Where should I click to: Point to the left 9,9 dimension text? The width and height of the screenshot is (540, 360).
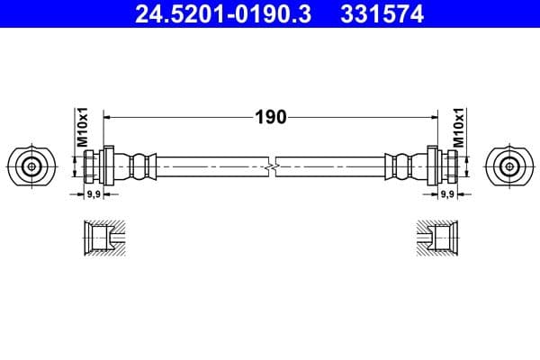(92, 194)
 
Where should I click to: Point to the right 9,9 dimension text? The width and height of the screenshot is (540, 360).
(446, 194)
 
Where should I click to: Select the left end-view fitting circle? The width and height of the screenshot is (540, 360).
(31, 166)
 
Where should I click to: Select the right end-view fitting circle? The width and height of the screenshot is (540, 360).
(508, 166)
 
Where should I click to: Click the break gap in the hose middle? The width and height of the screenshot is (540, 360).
(271, 166)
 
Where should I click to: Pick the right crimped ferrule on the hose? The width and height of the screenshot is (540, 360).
(400, 166)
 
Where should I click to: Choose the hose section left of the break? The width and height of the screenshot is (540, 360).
(207, 166)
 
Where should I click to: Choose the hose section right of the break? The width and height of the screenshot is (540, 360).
(333, 166)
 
